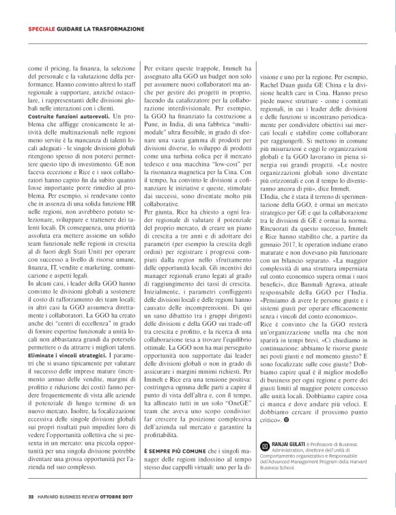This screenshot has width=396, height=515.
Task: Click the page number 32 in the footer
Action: click(31, 497)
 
